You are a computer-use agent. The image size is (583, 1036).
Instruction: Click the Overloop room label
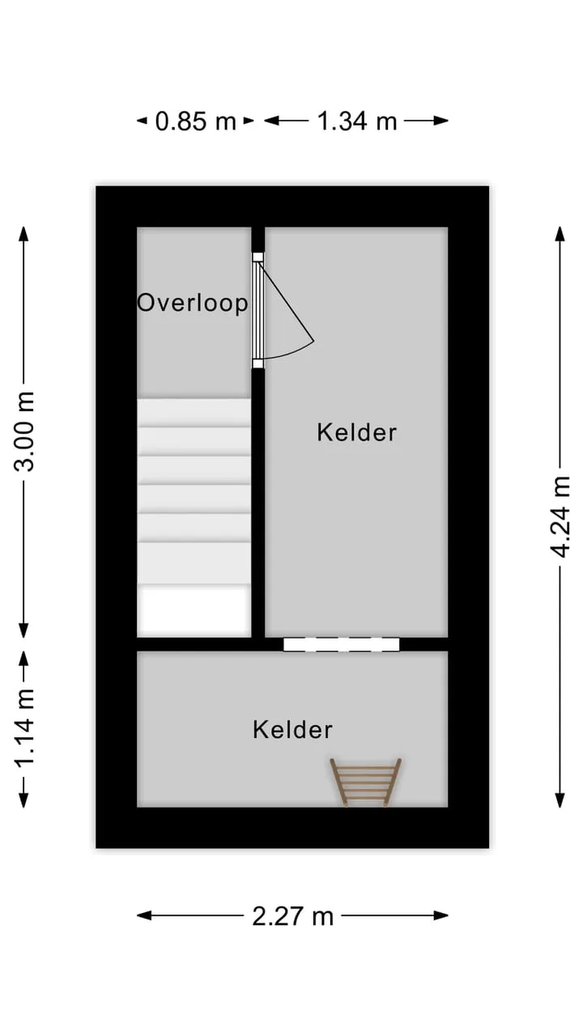tap(193, 304)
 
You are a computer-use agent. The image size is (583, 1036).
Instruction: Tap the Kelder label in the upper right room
tap(357, 433)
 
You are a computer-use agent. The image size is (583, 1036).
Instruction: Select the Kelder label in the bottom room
tap(292, 730)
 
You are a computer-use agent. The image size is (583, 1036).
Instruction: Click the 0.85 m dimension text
tap(196, 121)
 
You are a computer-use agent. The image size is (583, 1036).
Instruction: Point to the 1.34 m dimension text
tap(357, 121)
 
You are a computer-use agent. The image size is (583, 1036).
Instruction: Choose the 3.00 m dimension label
tap(24, 431)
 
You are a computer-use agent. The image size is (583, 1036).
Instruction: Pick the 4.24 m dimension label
tap(560, 516)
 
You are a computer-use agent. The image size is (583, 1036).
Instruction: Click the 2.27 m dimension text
tap(292, 915)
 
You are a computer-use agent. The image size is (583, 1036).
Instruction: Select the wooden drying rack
tap(365, 782)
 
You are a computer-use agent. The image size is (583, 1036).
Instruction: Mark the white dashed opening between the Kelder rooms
tap(342, 644)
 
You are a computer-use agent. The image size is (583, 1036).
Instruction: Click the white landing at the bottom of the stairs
tap(194, 610)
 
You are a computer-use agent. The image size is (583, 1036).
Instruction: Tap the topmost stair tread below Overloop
tap(194, 413)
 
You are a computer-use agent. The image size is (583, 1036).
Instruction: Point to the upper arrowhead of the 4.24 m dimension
tap(560, 234)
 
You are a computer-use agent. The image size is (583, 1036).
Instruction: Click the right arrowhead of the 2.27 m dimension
tap(441, 915)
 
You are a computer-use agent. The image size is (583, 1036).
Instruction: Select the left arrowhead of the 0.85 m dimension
tap(142, 121)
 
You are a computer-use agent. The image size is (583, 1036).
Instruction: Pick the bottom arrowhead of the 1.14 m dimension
tap(24, 800)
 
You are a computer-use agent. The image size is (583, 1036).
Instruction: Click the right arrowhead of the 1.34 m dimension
tap(441, 121)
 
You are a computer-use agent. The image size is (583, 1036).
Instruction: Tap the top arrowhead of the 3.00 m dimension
tap(24, 234)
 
